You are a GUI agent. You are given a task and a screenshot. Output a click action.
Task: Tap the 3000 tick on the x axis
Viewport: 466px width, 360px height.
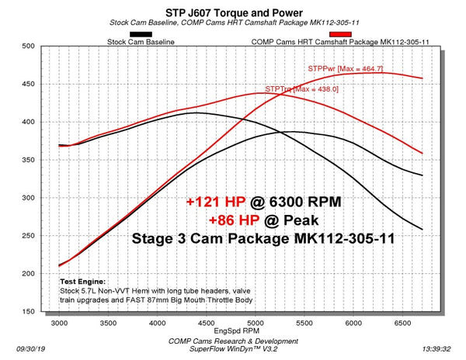(59, 321)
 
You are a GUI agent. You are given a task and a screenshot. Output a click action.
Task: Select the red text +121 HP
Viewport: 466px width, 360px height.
(214, 202)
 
